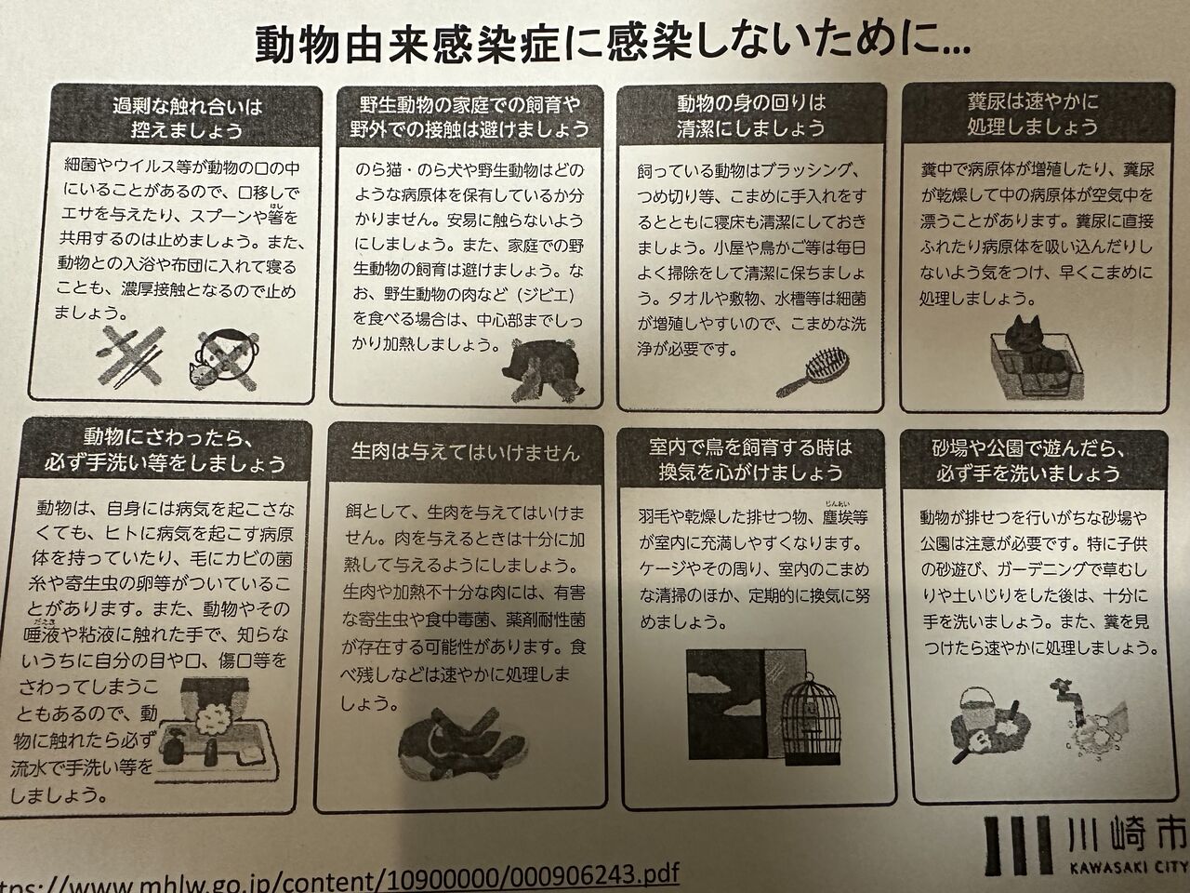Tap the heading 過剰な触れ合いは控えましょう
point(187,117)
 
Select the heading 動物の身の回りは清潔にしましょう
point(751,115)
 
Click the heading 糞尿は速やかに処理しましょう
point(1033,113)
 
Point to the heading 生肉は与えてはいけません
point(466,452)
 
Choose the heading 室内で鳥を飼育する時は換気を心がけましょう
point(751,460)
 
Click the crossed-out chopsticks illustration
point(130,357)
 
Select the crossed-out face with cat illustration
point(223,361)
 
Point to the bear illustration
point(542,370)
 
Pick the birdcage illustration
point(812,719)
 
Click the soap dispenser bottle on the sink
point(174,751)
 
